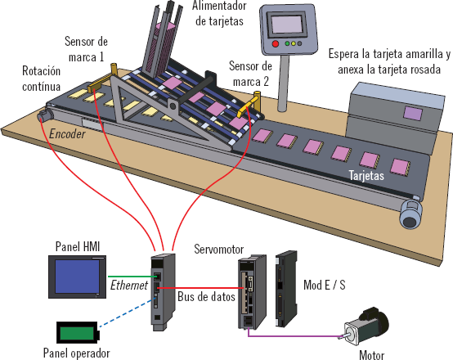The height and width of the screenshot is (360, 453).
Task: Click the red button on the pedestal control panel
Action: pos(276,44)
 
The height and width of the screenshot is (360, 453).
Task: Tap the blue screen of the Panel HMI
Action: pos(77,277)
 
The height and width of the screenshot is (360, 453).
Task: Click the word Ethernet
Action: pos(129,286)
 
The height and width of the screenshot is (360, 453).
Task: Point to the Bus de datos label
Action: pos(206,297)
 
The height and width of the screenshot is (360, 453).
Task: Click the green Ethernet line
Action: pos(132,277)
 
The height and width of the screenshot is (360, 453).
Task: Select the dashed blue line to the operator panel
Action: pos(125,313)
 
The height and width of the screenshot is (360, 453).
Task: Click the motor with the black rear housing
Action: pos(366,326)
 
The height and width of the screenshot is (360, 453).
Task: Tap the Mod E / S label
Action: pos(325,285)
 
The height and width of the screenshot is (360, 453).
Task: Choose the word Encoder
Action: pos(67,134)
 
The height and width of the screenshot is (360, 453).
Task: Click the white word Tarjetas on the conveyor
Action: pos(366,175)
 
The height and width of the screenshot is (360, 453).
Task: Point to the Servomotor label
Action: pos(218,249)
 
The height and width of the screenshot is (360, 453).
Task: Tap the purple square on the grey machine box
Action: pos(413,114)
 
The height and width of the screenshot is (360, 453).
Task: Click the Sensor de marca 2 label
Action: pos(250,74)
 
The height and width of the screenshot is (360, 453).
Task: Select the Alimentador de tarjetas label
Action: pos(219,13)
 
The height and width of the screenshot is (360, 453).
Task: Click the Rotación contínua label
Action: pos(42,79)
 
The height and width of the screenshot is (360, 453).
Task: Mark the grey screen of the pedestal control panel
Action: pos(287,25)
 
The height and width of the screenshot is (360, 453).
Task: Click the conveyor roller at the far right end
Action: pos(410,214)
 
